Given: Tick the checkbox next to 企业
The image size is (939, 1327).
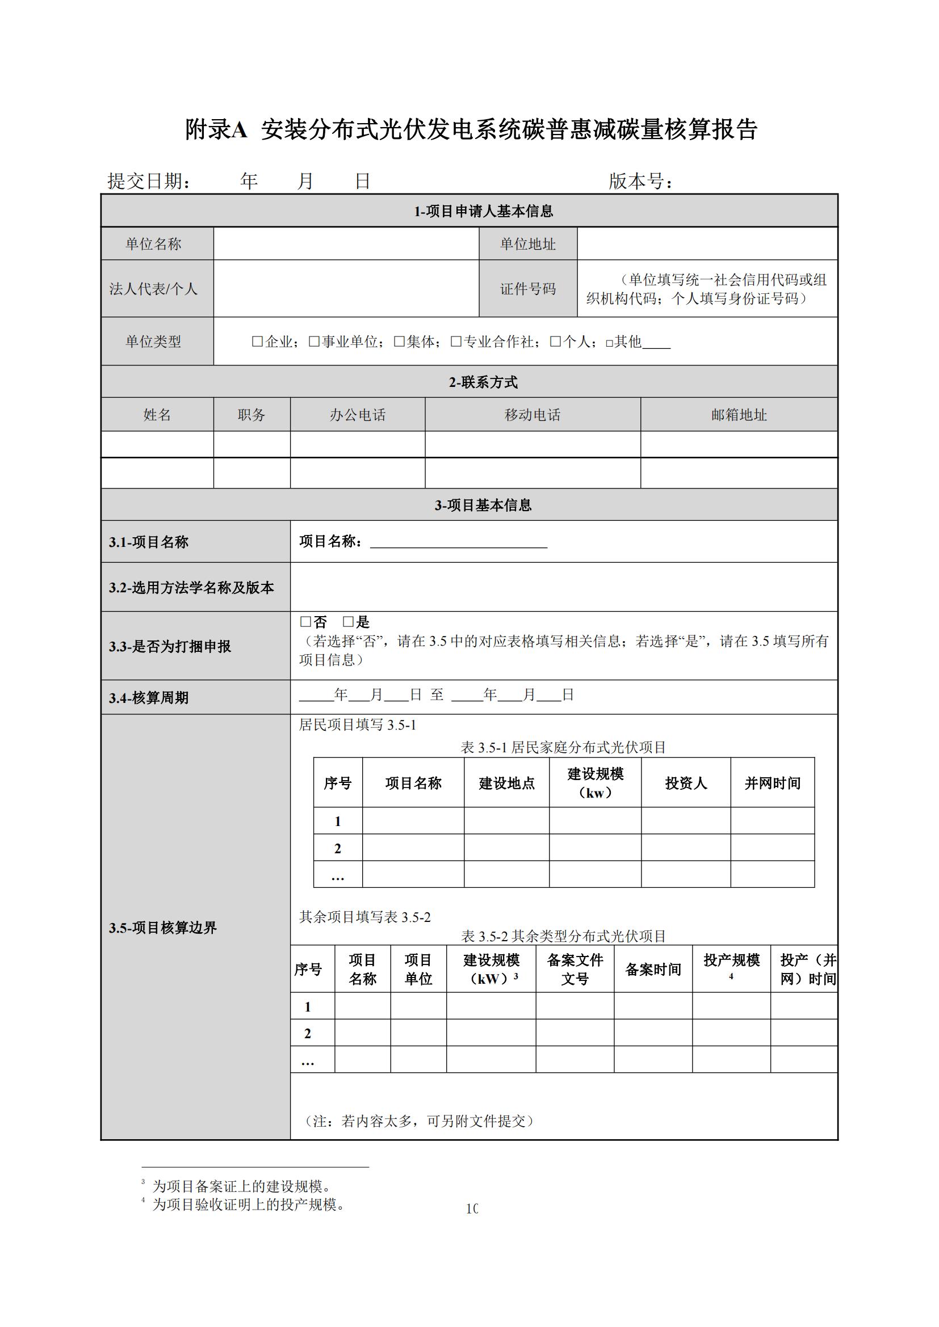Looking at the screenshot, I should pyautogui.click(x=257, y=342).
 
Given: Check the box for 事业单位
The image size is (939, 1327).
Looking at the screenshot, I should pyautogui.click(x=314, y=342).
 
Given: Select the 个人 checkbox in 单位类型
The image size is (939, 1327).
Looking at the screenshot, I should pyautogui.click(x=555, y=342).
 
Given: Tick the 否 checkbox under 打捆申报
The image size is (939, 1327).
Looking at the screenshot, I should pyautogui.click(x=305, y=622).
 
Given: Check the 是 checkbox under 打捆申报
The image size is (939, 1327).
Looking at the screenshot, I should pyautogui.click(x=348, y=622).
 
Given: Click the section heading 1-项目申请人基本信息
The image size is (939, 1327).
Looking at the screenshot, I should pyautogui.click(x=483, y=212).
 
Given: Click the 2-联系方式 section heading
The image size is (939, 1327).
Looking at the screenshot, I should pyautogui.click(x=483, y=382).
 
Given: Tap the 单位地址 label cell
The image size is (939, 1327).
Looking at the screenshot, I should pyautogui.click(x=528, y=244).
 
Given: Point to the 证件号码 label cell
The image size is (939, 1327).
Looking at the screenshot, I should pyautogui.click(x=528, y=288).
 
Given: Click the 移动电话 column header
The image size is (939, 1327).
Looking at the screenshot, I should pyautogui.click(x=533, y=415).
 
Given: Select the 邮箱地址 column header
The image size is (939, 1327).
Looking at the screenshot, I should pyautogui.click(x=739, y=415).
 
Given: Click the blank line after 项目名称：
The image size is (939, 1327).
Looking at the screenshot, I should pyautogui.click(x=459, y=542).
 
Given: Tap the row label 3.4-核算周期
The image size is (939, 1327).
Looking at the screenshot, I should pyautogui.click(x=149, y=698).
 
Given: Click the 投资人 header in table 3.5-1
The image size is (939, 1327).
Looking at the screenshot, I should pyautogui.click(x=686, y=783).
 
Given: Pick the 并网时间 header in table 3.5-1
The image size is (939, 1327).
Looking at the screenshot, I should pyautogui.click(x=773, y=783).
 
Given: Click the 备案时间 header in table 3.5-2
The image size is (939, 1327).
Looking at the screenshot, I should pyautogui.click(x=653, y=969).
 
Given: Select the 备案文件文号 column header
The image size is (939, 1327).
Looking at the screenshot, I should pyautogui.click(x=575, y=969).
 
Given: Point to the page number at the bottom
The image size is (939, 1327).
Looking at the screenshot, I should pyautogui.click(x=472, y=1208).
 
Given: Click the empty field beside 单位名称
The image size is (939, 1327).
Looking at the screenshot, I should pyautogui.click(x=346, y=244).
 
